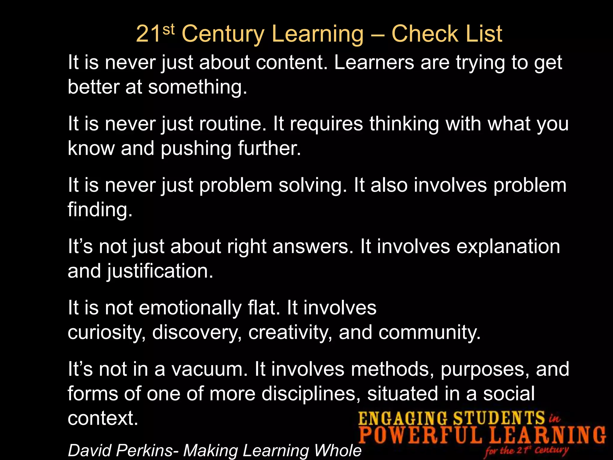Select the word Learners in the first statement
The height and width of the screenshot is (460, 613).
click(374, 63)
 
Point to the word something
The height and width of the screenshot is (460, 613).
click(198, 87)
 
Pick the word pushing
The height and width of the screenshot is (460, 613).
click(196, 149)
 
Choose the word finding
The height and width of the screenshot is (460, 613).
click(100, 209)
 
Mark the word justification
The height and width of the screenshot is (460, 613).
click(160, 271)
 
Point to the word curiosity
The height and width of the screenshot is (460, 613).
click(107, 332)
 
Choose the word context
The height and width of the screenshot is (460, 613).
click(103, 418)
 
